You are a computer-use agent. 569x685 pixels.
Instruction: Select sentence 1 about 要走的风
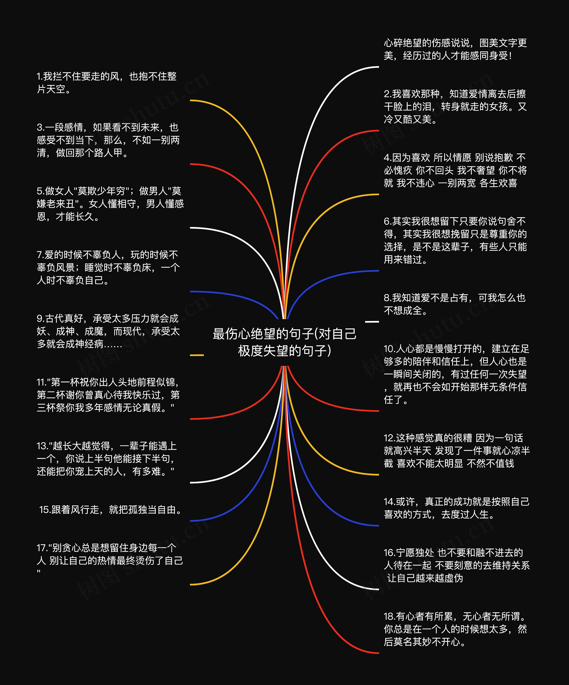tap(107, 82)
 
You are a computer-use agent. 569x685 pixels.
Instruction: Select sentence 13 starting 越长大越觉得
tap(107, 459)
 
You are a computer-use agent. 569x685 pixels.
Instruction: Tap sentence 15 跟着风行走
tap(110, 510)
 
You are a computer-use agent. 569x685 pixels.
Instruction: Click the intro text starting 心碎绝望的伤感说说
tap(455, 49)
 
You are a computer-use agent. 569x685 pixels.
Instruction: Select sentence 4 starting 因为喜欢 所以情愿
tap(455, 170)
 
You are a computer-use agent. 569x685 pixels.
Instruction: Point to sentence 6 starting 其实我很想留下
tap(455, 240)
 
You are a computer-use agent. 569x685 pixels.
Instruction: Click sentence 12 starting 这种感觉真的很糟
tap(457, 450)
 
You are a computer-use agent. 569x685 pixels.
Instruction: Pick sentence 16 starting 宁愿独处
tap(457, 565)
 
